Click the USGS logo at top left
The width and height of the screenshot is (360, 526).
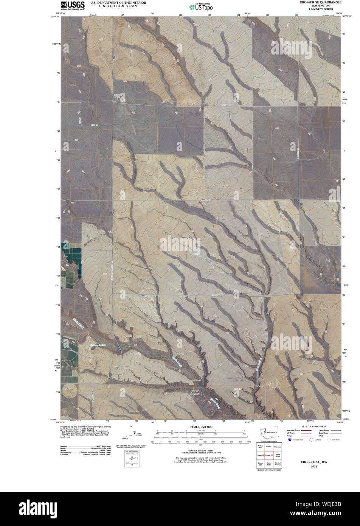pyautogui.click(x=73, y=5)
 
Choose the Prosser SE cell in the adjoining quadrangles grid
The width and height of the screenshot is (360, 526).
pyautogui.click(x=269, y=455)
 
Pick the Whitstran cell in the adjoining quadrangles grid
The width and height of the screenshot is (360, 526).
pyautogui.click(x=277, y=447)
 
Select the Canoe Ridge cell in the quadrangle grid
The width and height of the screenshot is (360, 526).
pyautogui.click(x=269, y=464)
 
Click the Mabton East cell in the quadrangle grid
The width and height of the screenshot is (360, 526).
pyautogui.click(x=261, y=447)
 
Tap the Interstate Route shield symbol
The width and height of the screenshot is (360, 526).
pyautogui.click(x=290, y=440)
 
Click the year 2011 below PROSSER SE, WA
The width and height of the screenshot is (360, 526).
pyautogui.click(x=314, y=467)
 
